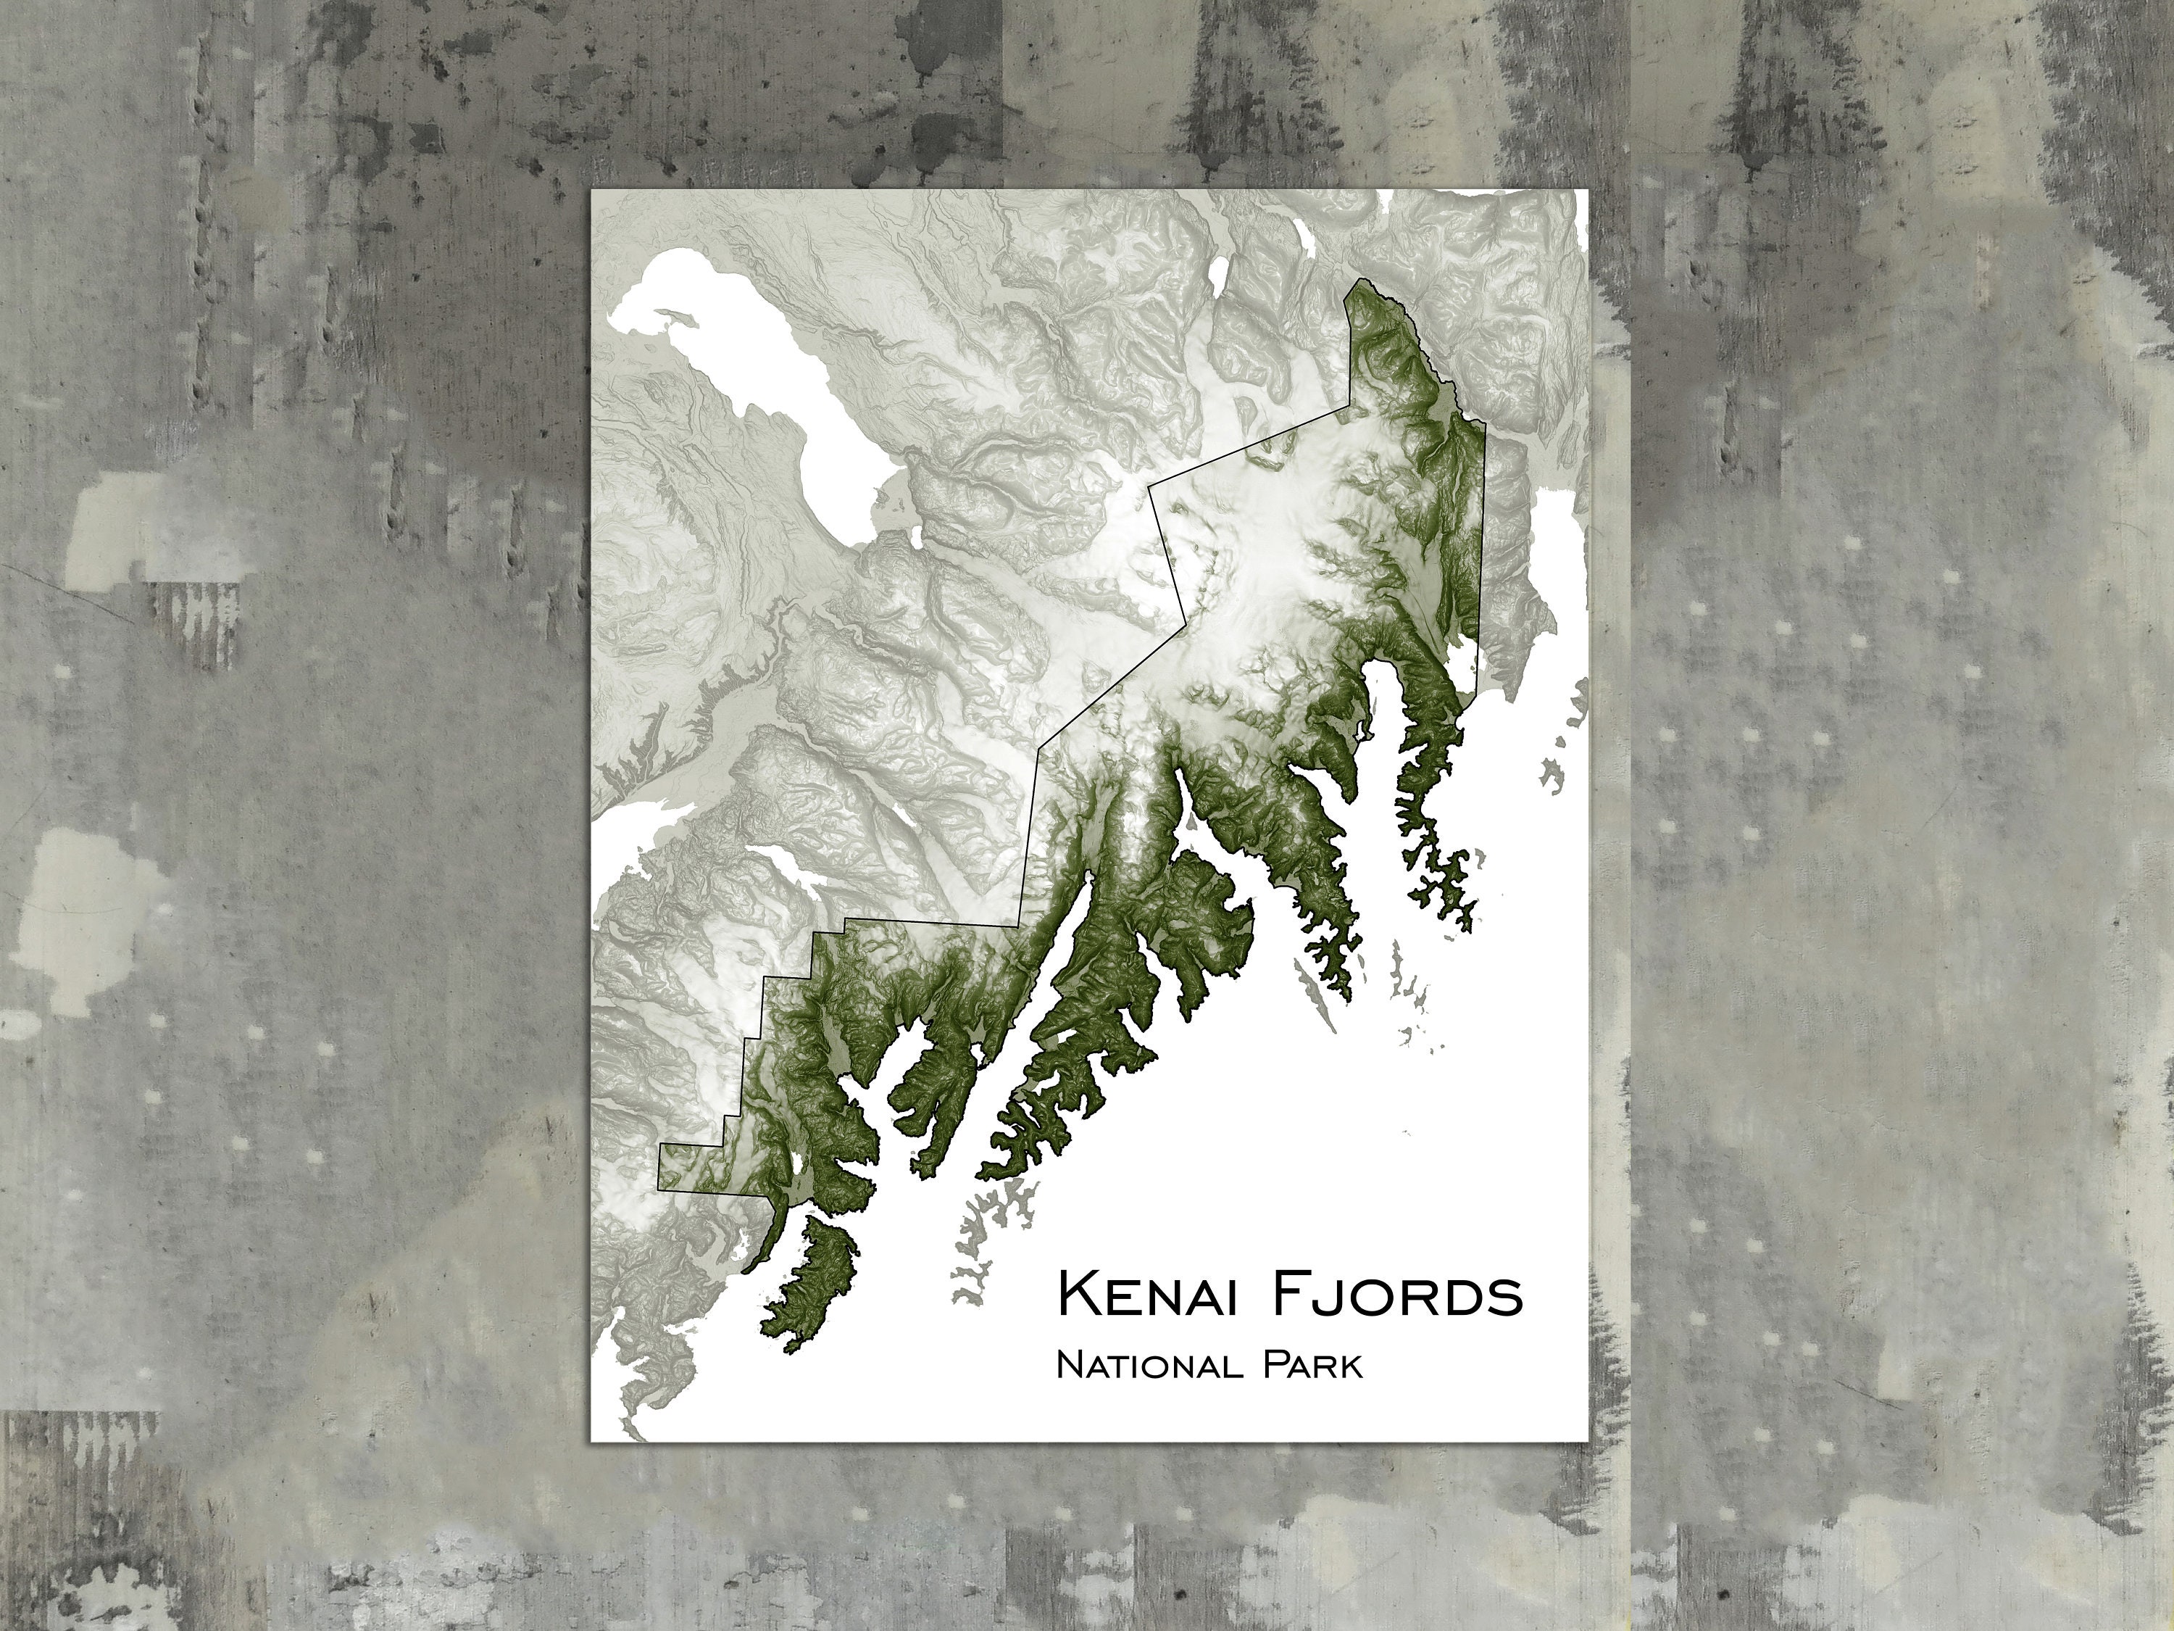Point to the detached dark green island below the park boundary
coord(811,1278)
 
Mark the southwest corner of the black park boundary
coord(659,1187)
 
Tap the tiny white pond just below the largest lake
coord(916,536)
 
